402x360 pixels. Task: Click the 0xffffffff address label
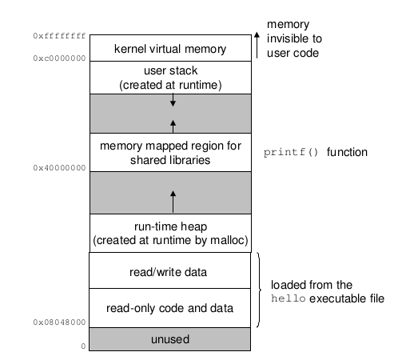tap(59, 36)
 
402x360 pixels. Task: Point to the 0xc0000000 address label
tap(59, 58)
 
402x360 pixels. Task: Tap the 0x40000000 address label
tap(59, 168)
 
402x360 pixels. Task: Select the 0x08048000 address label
tap(59, 322)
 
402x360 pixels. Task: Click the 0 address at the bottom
tap(83, 346)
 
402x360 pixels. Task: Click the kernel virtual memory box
tap(170, 48)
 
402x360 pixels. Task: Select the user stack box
tap(170, 78)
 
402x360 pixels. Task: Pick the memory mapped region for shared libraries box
tap(170, 152)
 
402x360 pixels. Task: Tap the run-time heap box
tap(170, 233)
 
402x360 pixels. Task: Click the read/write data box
tap(169, 270)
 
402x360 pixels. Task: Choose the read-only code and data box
tap(169, 308)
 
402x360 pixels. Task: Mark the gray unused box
tap(169, 339)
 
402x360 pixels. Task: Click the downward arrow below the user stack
tap(173, 100)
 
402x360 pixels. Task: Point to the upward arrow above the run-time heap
tap(173, 202)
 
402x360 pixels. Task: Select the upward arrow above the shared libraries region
tap(173, 126)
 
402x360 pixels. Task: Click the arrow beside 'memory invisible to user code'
tap(257, 45)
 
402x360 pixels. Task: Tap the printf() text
tap(291, 152)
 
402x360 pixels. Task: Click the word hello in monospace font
tap(289, 298)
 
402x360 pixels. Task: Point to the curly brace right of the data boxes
tap(259, 290)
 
